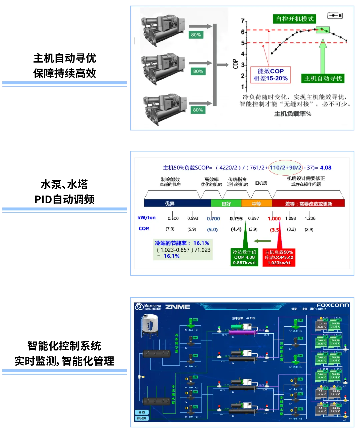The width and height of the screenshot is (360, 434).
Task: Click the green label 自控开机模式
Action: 295,19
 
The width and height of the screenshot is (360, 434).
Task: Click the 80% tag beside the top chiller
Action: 196,35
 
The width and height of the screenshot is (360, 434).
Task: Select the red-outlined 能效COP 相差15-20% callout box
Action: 270,74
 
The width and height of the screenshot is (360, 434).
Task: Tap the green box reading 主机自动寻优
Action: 323,78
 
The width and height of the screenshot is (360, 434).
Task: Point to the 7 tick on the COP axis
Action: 243,21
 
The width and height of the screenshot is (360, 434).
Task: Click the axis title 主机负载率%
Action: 292,114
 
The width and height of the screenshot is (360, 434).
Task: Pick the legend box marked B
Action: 335,16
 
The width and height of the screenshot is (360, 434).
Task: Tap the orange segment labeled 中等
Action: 256,203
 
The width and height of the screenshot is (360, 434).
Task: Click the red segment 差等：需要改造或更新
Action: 308,203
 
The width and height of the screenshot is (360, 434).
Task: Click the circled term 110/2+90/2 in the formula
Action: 286,168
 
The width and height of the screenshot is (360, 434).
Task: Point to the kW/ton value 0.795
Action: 236,219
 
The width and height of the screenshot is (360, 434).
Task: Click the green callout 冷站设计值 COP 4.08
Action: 244,257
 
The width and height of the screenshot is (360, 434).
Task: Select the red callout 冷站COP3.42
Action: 279,257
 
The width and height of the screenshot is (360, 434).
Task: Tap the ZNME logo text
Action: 178,307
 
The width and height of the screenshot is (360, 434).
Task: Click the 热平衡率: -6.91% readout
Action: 244,318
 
